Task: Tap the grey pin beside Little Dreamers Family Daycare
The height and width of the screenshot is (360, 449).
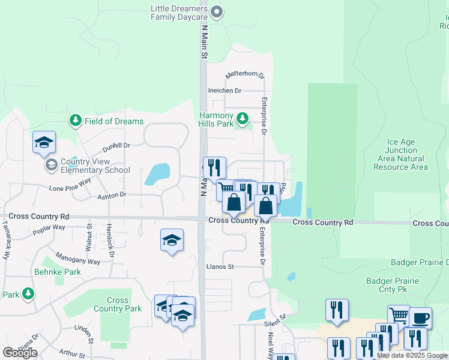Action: [x=217, y=11]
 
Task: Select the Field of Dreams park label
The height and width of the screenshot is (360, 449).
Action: [x=113, y=121]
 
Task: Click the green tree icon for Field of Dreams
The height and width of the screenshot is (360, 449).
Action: [x=75, y=121]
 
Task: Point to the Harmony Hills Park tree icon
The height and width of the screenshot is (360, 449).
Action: [x=243, y=118]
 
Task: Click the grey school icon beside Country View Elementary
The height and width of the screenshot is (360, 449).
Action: [x=51, y=164]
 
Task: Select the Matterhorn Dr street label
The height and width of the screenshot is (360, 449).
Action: [x=244, y=75]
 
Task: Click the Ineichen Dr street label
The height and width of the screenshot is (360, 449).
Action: [x=224, y=91]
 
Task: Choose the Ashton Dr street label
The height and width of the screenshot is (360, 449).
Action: [x=112, y=195]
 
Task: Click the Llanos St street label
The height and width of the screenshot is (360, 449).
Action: [x=218, y=266]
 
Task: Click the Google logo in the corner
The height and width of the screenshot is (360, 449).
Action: [x=20, y=352]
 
